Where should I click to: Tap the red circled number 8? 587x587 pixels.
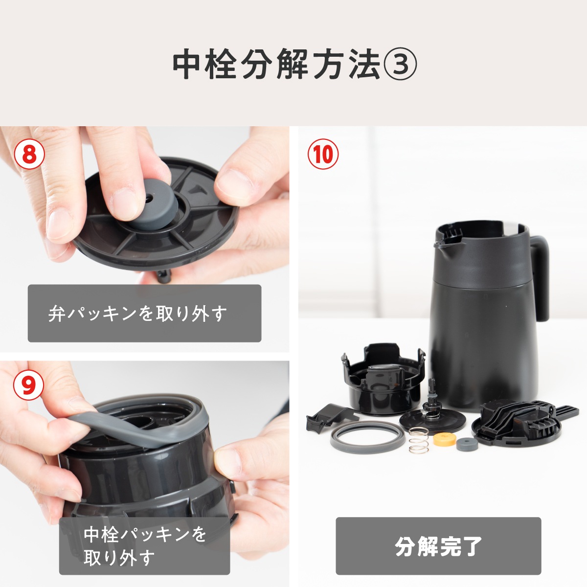click(29, 155)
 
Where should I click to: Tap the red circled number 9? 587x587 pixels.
click(28, 385)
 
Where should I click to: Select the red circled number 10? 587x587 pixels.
click(323, 155)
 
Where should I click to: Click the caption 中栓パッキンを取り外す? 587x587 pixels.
click(144, 545)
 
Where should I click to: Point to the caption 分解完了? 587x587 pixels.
click(438, 546)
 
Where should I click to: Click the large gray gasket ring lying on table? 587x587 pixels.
click(366, 438)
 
